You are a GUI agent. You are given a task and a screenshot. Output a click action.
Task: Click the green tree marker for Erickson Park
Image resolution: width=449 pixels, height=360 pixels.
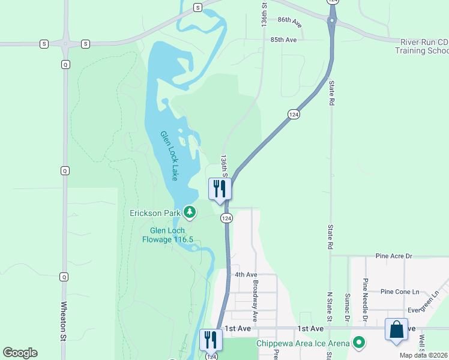coord(190,212)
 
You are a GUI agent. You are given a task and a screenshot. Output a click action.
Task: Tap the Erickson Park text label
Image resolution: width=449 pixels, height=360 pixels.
coord(155,213)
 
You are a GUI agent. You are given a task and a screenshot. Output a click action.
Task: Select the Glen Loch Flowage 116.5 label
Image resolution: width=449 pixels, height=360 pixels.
coord(167,235)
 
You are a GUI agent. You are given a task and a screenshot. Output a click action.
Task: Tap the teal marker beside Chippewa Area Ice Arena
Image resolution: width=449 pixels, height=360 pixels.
coord(359,343)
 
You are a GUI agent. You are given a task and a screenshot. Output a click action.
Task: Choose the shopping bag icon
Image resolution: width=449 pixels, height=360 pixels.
coord(396,329)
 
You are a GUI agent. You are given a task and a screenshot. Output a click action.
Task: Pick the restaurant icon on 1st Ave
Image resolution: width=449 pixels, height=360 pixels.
coord(211,340)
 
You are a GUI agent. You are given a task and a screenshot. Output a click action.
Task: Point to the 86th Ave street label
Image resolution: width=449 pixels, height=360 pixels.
coord(289,20)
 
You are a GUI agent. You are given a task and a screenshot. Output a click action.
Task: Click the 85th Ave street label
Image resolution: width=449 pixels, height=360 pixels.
coord(283,40)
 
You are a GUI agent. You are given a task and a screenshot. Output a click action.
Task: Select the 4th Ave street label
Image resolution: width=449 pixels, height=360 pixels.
coord(246,274)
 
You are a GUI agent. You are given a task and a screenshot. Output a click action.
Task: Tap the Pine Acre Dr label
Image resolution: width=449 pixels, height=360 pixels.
coord(394,256)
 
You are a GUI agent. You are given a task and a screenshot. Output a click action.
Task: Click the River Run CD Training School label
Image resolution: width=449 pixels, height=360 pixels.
coord(421,46)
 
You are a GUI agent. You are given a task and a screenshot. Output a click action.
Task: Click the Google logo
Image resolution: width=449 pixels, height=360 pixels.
coord(20,353)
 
